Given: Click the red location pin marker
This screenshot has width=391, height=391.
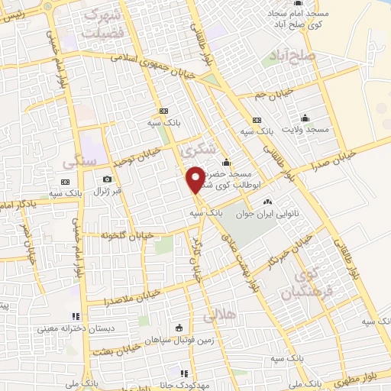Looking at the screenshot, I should point(195,179).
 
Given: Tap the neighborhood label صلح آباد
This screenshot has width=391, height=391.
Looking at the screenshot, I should point(293,55).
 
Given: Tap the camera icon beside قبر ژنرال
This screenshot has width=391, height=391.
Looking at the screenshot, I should point(107,179).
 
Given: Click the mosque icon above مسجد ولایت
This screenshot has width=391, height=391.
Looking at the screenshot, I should point(305,118).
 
